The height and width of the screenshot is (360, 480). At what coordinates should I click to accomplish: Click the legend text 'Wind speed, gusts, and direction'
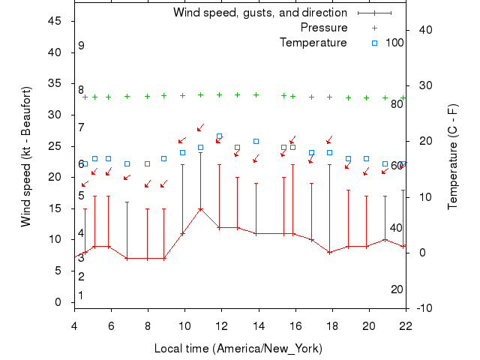tap(259, 13)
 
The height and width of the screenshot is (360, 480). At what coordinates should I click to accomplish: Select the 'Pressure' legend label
tap(323, 28)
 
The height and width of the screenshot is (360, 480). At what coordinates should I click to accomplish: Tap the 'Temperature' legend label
tap(313, 43)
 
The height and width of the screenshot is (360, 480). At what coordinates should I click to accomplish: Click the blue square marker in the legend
tap(375, 43)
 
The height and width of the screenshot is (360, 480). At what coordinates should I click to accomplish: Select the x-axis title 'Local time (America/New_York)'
tap(238, 349)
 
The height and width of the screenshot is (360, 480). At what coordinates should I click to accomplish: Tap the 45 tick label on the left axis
tap(55, 21)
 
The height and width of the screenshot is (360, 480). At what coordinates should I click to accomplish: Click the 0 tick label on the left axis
tap(59, 302)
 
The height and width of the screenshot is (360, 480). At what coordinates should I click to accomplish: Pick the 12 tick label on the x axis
tap(221, 325)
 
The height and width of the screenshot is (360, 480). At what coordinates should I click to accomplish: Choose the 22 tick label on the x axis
tap(406, 325)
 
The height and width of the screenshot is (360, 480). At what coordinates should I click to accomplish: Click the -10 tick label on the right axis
tap(424, 308)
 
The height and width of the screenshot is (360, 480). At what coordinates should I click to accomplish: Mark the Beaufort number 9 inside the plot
tap(81, 46)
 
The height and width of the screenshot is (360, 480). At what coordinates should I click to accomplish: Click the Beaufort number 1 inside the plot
tap(81, 295)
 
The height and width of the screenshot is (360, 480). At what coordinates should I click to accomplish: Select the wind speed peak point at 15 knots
tap(200, 208)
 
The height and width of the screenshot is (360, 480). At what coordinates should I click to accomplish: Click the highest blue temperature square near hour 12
tap(219, 136)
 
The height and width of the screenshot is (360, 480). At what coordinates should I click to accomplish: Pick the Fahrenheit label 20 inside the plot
tap(397, 289)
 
